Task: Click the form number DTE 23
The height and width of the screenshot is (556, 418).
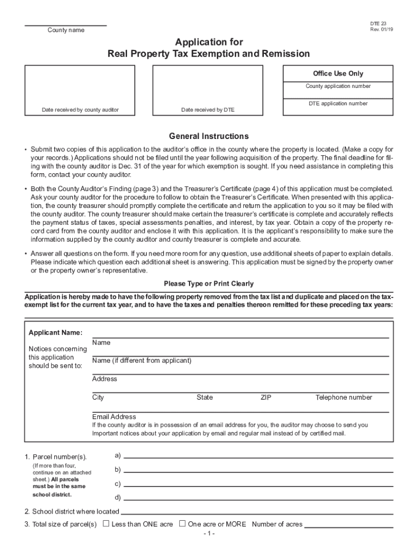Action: [379, 24]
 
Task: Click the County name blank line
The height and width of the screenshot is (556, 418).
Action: [66, 25]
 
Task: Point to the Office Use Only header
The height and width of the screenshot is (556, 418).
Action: [338, 74]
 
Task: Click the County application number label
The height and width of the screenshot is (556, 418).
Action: [338, 86]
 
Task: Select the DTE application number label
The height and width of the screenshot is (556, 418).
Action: [338, 104]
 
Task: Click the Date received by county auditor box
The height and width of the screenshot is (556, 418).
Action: [80, 91]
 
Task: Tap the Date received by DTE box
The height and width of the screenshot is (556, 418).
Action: [208, 91]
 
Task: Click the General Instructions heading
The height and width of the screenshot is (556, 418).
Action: [209, 136]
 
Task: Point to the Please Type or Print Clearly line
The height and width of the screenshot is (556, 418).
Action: [209, 284]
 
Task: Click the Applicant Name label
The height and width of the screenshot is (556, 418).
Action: [55, 332]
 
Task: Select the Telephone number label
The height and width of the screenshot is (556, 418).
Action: [344, 397]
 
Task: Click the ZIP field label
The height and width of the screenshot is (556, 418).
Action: [266, 397]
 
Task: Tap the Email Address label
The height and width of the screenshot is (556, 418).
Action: [114, 417]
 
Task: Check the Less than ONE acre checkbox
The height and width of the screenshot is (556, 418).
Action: [106, 524]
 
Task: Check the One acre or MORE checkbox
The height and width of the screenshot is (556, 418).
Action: [182, 524]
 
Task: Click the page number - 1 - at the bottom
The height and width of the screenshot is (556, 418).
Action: [209, 534]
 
